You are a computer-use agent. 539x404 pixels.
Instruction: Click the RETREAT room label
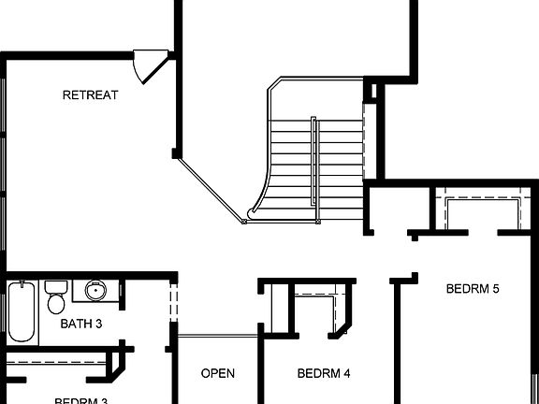(x=90, y=94)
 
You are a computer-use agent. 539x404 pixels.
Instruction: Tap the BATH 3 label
(x=80, y=325)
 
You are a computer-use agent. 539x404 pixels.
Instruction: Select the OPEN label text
(x=218, y=373)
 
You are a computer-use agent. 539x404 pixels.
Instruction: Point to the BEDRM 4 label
(x=324, y=373)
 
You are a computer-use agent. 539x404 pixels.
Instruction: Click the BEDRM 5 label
(x=473, y=288)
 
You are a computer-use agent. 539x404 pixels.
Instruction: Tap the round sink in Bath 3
(x=95, y=291)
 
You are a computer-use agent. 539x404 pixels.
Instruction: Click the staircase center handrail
(x=315, y=168)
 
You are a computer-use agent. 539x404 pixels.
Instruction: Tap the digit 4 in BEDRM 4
(x=346, y=373)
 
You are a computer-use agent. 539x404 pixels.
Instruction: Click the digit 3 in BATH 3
(x=98, y=325)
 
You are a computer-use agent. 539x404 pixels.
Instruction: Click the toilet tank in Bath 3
(x=55, y=285)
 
